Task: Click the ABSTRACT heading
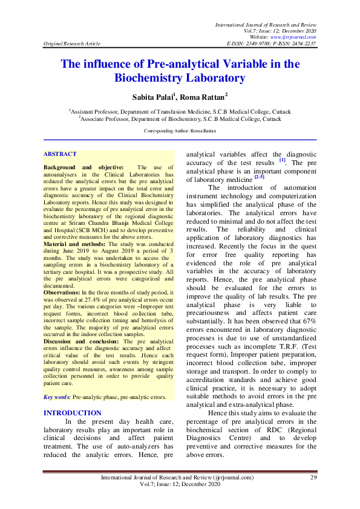[x=61, y=154]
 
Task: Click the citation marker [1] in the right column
[x=282, y=160]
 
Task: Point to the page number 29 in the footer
[x=313, y=478]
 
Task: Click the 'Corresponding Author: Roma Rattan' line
[x=180, y=131]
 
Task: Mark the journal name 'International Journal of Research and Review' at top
[x=266, y=23]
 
